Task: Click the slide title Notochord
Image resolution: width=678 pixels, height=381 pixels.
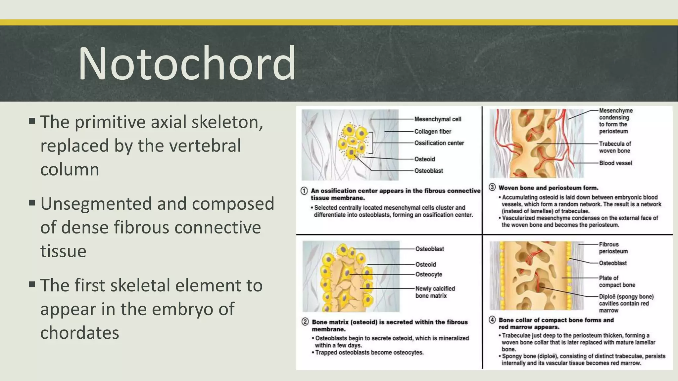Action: click(187, 63)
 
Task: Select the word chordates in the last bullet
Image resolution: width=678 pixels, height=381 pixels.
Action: click(79, 333)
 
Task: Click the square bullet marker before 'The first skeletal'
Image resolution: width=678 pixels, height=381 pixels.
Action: click(32, 284)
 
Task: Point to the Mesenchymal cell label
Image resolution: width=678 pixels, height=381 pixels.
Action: click(438, 119)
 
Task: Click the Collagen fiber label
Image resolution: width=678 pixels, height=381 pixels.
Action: click(433, 132)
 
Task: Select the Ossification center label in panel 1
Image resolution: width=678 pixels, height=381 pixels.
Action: click(439, 143)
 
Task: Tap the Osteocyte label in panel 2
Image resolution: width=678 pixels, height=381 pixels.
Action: click(429, 275)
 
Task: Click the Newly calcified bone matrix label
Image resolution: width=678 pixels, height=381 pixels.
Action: click(435, 292)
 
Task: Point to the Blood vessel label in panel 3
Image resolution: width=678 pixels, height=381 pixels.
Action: click(615, 163)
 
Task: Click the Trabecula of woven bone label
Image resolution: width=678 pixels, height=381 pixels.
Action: click(615, 147)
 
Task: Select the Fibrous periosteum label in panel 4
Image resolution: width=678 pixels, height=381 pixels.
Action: click(613, 248)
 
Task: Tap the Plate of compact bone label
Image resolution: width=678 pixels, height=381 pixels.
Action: click(617, 281)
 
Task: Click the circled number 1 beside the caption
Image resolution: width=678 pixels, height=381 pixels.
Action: click(304, 191)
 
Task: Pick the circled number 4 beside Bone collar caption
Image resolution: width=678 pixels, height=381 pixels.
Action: click(492, 320)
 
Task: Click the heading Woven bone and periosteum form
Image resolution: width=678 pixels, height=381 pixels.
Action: click(548, 188)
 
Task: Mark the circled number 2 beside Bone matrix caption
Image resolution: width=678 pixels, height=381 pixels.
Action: click(305, 322)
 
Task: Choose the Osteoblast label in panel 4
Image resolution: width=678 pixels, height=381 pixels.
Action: click(613, 263)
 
